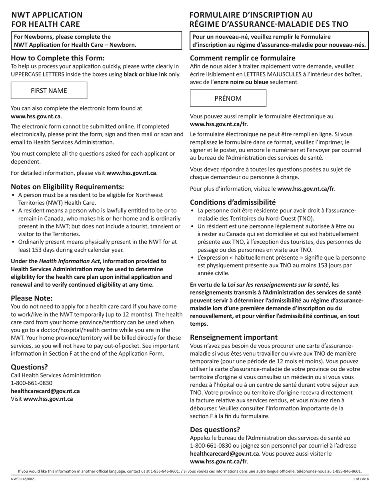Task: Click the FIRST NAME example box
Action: click(x=49, y=91)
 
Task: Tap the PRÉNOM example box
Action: click(x=228, y=98)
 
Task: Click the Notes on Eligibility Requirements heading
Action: click(x=67, y=187)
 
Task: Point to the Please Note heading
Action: click(x=32, y=298)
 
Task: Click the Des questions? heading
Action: click(x=215, y=430)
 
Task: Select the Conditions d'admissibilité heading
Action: click(x=233, y=202)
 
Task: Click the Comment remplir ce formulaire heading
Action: click(x=237, y=58)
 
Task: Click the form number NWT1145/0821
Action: click(x=22, y=479)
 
